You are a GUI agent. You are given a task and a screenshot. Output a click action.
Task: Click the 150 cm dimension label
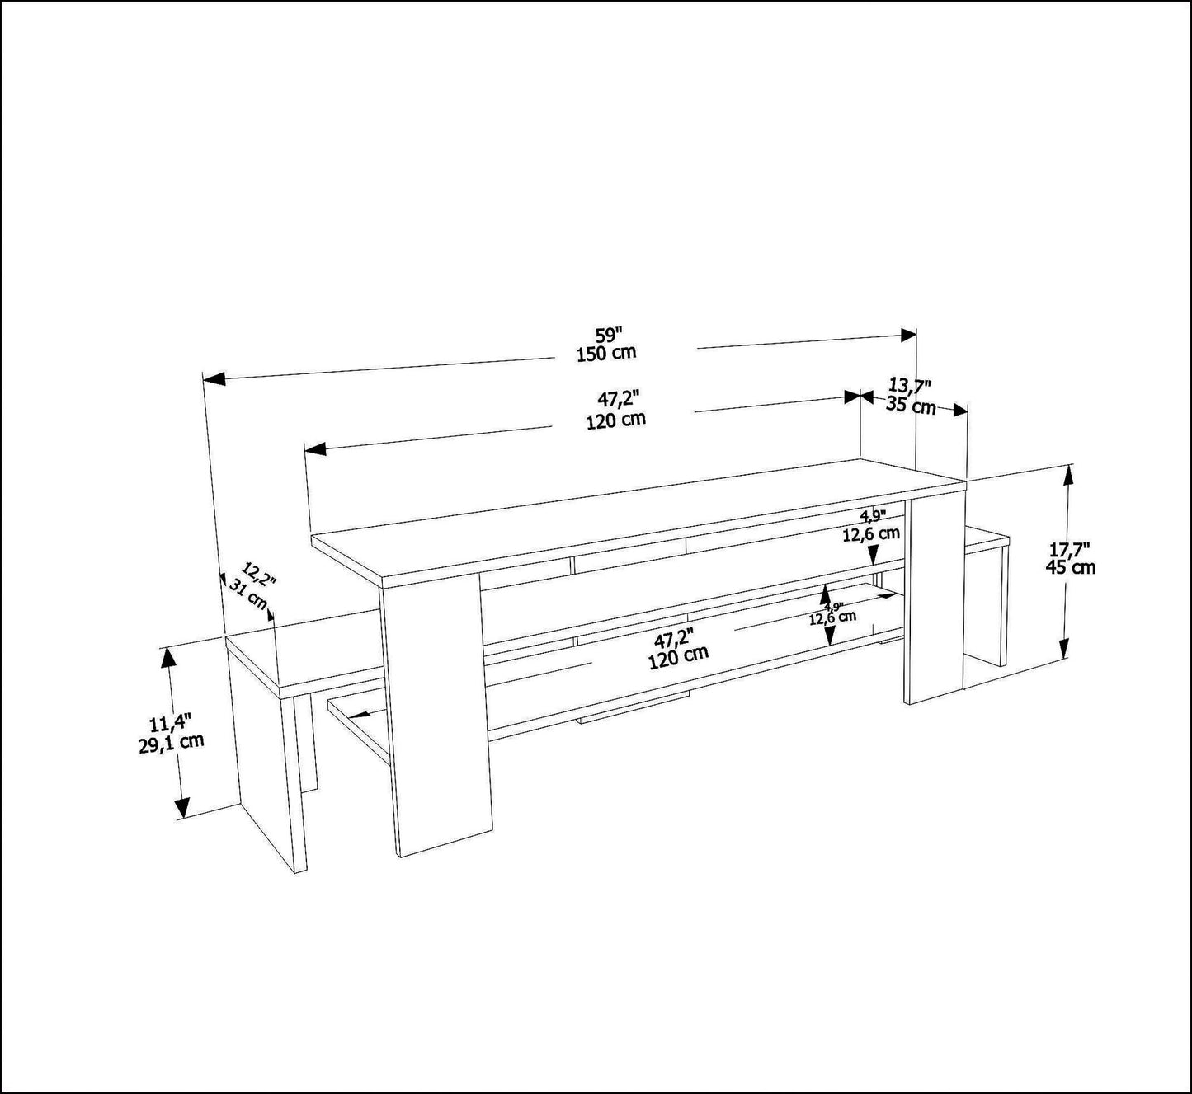click(606, 353)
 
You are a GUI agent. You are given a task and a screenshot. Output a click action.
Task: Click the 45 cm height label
click(1070, 567)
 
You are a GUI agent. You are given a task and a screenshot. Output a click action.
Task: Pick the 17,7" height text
click(1069, 548)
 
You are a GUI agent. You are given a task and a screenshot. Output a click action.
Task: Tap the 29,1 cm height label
click(171, 743)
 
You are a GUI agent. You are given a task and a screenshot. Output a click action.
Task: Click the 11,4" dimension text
click(170, 724)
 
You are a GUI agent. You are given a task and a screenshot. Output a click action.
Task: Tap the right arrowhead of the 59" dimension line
click(909, 335)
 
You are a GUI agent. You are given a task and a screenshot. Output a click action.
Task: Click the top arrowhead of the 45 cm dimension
click(1067, 476)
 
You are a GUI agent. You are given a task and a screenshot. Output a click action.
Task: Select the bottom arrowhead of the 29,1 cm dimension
click(181, 807)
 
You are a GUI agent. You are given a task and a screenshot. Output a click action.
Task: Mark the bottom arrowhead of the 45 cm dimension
click(1063, 647)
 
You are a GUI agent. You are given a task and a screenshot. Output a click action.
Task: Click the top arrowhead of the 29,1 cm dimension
click(170, 657)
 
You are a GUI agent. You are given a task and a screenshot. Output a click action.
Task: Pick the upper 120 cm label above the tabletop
click(616, 420)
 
